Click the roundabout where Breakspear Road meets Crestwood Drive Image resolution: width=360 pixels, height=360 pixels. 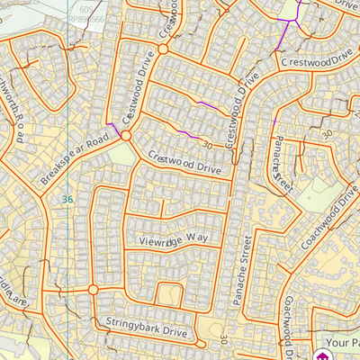pyautogui.click(x=126, y=136)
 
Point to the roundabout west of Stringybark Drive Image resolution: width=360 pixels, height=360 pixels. pyautogui.click(x=93, y=290)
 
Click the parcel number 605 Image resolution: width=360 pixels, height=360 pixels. pyautogui.click(x=85, y=5)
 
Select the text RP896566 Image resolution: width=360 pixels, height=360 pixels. pyautogui.click(x=86, y=15)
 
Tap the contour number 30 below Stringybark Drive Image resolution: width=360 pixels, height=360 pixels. pyautogui.click(x=222, y=341)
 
